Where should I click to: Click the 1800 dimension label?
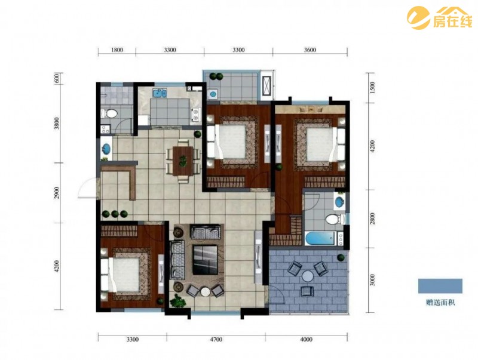coord(117,50)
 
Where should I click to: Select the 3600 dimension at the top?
coord(310,50)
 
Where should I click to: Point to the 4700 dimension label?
coord(216,339)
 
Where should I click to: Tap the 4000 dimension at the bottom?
coord(306,339)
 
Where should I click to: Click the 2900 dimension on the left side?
coord(57,193)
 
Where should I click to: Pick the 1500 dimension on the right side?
coord(372,88)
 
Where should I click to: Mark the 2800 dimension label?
coord(372,219)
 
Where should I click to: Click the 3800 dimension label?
coord(57,124)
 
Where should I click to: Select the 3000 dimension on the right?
coord(372,280)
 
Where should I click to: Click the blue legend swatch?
coord(440,286)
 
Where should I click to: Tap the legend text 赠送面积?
coord(440,303)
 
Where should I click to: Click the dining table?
coord(183,161)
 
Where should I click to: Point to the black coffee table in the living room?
coord(205,260)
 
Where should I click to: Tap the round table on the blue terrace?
coord(308,277)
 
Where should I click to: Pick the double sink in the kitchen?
coord(160,93)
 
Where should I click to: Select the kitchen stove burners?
coord(195,115)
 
